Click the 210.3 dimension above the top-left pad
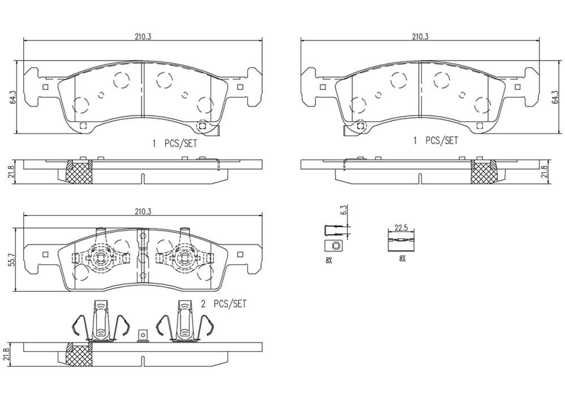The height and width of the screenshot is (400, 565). pyautogui.click(x=142, y=36)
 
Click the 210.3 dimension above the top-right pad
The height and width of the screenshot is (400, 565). pyautogui.click(x=419, y=36)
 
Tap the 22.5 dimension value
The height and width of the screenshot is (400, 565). pyautogui.click(x=401, y=228)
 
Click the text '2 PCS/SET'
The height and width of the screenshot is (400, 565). pyautogui.click(x=224, y=304)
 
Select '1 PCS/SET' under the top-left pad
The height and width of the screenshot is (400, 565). pyautogui.click(x=175, y=144)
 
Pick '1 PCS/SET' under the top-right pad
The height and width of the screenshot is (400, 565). pyautogui.click(x=435, y=140)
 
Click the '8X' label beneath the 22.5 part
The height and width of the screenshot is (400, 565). pyautogui.click(x=402, y=258)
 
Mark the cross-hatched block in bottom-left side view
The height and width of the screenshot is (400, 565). pyautogui.click(x=79, y=355)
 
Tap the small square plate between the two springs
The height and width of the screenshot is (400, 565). pyautogui.click(x=143, y=336)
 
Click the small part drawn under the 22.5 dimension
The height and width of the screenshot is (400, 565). pyautogui.click(x=401, y=242)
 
